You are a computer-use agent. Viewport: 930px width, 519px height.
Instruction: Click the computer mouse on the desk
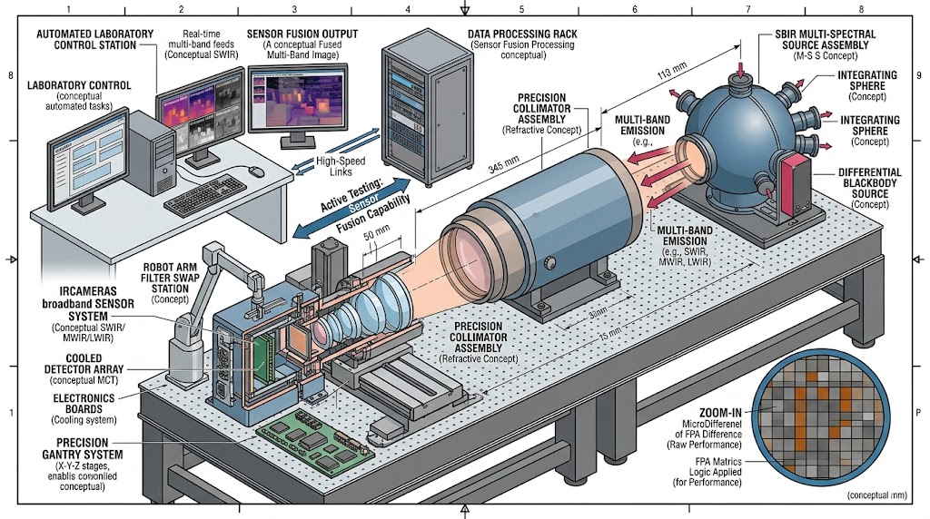258,171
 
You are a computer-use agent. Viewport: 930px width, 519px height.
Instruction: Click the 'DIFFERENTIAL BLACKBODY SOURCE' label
869,178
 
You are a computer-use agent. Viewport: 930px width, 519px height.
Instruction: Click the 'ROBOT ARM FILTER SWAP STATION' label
169,279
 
